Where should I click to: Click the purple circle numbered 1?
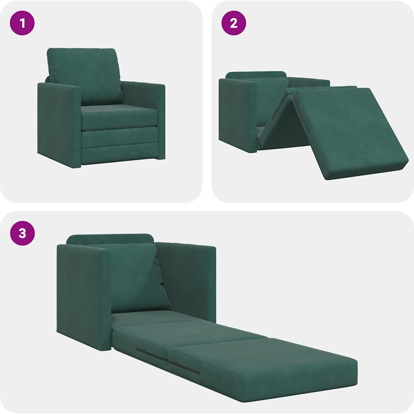coord(22,23)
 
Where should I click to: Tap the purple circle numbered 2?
coord(234,23)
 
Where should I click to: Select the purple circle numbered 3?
coord(22,233)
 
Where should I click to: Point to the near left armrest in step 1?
coord(59,124)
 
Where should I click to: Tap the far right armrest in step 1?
coord(144,106)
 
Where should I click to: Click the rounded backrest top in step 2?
coord(255,75)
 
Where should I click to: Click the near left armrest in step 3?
coord(84,297)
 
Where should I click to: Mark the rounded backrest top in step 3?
coord(110,239)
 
